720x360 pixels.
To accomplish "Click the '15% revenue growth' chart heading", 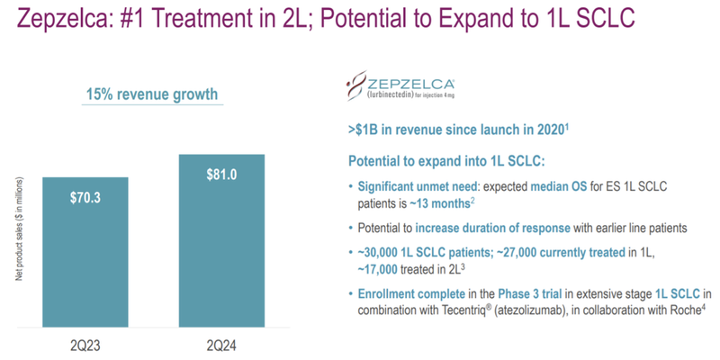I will pyautogui.click(x=151, y=94).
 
